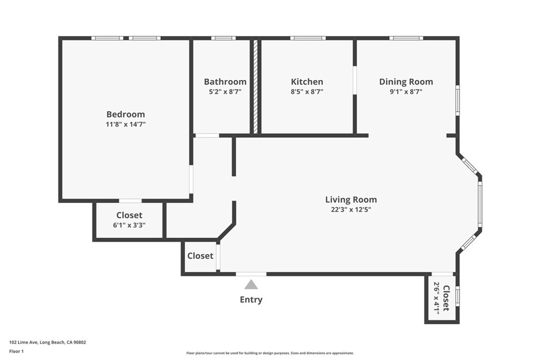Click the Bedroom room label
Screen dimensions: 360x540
click(x=126, y=114)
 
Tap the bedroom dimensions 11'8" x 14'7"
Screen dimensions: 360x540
click(x=126, y=125)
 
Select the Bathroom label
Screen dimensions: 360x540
click(x=225, y=82)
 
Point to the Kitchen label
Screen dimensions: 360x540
click(x=307, y=82)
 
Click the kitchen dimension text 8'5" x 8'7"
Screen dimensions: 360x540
click(x=307, y=92)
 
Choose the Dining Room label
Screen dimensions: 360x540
click(x=406, y=82)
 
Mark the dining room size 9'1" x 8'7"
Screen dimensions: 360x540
click(x=406, y=92)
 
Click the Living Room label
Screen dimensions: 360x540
click(x=351, y=199)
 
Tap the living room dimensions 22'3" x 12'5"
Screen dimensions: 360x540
click(x=351, y=209)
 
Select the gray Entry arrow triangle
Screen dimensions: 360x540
click(x=251, y=285)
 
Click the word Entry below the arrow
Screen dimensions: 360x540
click(x=251, y=299)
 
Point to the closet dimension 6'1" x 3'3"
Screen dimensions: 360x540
click(x=129, y=225)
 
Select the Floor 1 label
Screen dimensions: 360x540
click(x=18, y=351)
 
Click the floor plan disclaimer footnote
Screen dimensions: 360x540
click(x=269, y=353)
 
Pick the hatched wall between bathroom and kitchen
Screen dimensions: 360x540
click(x=255, y=87)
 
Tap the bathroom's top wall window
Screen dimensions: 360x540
click(x=223, y=38)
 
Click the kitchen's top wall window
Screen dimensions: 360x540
click(x=307, y=38)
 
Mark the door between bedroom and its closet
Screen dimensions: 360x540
click(x=130, y=201)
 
